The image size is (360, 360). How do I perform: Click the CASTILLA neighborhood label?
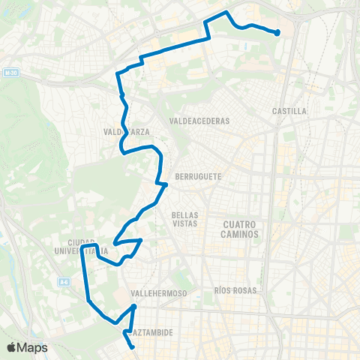pos(290,111)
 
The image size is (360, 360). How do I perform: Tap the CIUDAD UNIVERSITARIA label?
pos(87,247)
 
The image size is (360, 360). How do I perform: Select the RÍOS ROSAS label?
pos(235,290)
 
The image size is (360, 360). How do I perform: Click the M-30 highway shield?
pos(9,73)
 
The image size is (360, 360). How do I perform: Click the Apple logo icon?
pos(12,347)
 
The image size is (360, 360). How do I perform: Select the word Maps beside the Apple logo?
pos(33,347)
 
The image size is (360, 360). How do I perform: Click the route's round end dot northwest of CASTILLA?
pos(277,32)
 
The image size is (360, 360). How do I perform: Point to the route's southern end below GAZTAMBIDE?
pos(133,346)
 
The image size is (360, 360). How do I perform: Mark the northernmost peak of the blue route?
pos(226,13)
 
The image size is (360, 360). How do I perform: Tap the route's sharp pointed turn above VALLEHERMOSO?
pos(134,306)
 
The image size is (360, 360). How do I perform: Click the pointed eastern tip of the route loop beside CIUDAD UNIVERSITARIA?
pos(142,240)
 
